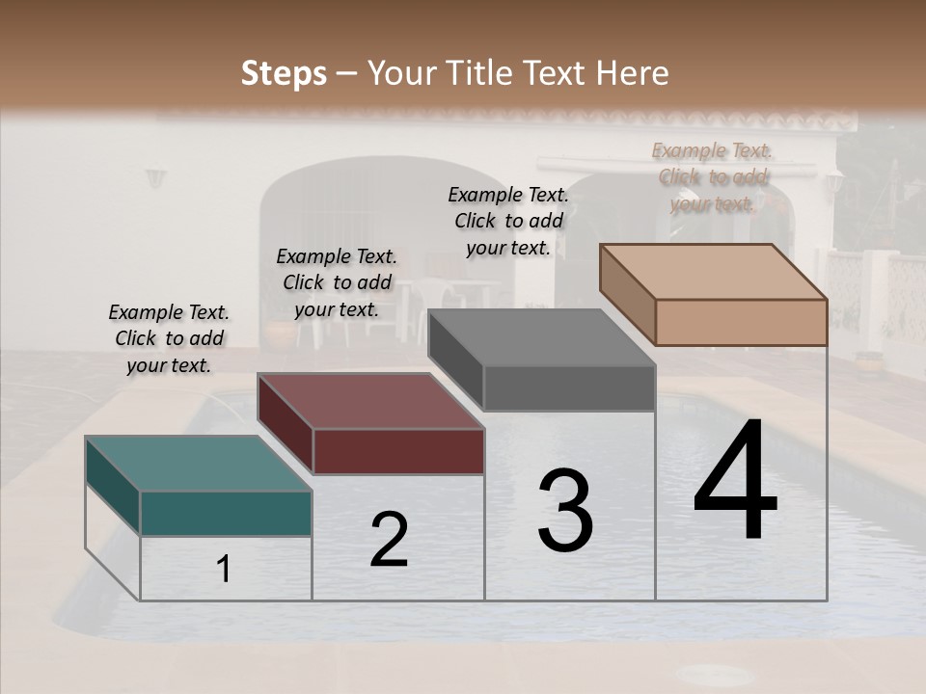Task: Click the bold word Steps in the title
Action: (284, 73)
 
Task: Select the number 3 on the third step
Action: (564, 511)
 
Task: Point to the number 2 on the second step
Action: (389, 540)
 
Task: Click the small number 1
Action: (224, 569)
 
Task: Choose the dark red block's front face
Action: (398, 451)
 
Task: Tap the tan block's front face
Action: (741, 322)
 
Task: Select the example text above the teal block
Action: (169, 338)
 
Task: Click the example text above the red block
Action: (337, 282)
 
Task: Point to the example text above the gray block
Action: (508, 221)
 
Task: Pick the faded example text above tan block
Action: (712, 176)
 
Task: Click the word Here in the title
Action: (633, 73)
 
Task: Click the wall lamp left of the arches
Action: (155, 177)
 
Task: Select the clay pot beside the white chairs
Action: (279, 334)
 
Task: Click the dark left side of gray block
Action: (455, 359)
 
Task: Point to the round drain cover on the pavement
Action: (718, 673)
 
